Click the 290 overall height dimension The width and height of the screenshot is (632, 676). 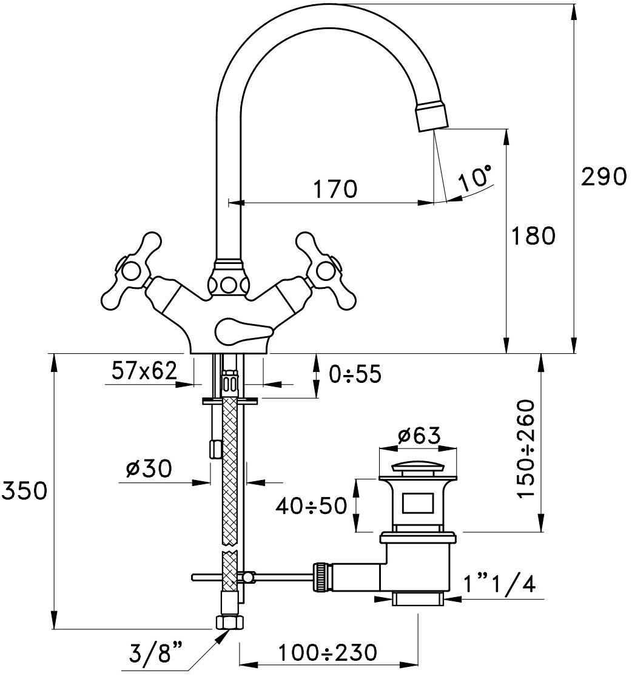[603, 177]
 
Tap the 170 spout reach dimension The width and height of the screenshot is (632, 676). [335, 189]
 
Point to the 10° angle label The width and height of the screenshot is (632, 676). [475, 179]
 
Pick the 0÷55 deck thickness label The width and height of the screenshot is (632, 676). [355, 374]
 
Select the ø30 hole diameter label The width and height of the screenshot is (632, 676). [149, 468]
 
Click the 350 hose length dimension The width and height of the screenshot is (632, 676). [24, 490]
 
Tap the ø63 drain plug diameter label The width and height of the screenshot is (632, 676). [418, 435]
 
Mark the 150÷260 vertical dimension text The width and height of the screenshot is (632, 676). [527, 448]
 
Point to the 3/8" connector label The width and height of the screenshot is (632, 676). [156, 655]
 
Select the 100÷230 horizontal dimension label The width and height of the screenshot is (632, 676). [328, 653]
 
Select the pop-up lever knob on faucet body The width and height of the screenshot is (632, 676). [240, 330]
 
